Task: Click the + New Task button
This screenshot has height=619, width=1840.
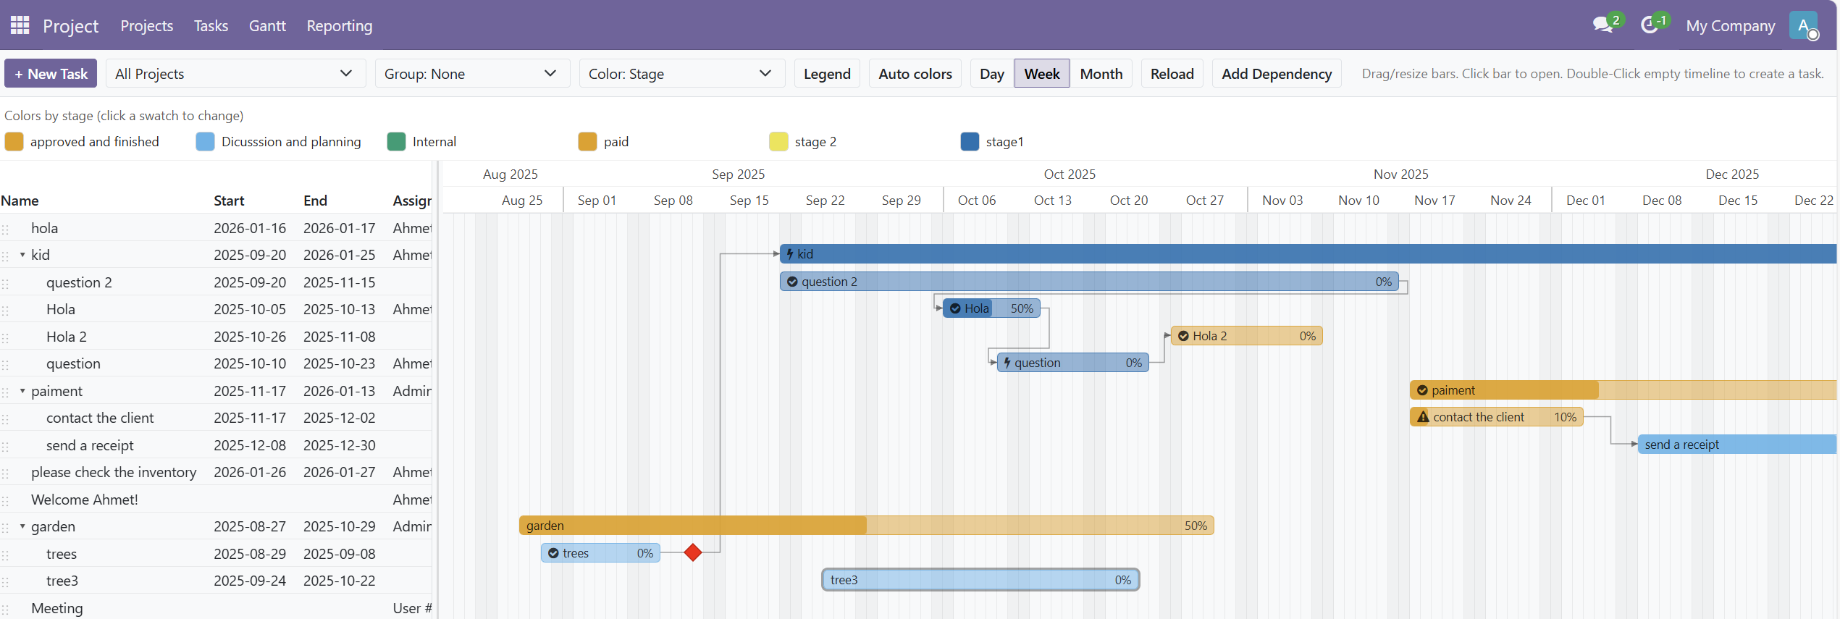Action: [51, 74]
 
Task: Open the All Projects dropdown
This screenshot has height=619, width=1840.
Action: [235, 74]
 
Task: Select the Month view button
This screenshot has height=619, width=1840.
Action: [1101, 74]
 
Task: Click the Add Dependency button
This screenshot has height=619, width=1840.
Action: [1276, 74]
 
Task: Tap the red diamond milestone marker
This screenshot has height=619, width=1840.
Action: [693, 553]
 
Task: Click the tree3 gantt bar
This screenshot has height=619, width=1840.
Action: [980, 580]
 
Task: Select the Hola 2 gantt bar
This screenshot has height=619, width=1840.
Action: [1245, 336]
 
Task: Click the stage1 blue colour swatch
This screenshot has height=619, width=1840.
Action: [970, 142]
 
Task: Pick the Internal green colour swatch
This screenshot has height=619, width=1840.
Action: [396, 142]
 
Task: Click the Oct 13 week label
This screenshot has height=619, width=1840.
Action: [1052, 201]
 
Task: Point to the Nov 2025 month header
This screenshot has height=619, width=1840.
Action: [1400, 174]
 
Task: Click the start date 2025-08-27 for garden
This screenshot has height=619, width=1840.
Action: [249, 526]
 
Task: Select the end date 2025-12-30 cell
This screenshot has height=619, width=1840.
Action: [339, 445]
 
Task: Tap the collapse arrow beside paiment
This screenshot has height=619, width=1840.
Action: [22, 391]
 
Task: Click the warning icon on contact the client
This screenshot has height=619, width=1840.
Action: [1423, 417]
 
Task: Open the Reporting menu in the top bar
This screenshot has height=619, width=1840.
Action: [339, 26]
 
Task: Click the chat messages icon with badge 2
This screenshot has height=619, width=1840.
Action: [1602, 26]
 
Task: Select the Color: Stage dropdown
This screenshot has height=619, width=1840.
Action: [681, 74]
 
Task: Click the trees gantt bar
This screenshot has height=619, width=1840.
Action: [600, 553]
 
